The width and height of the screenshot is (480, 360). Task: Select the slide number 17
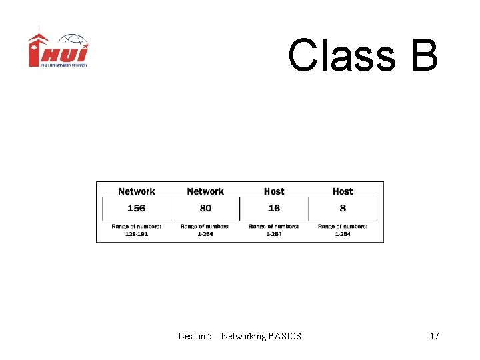434,336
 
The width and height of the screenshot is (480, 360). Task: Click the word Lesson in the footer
191,336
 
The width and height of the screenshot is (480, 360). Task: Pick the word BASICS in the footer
285,336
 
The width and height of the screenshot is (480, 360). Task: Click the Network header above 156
136,191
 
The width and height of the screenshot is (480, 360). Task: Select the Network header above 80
205,191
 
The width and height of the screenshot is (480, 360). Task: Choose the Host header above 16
274,191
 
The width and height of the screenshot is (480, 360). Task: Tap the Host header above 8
343,191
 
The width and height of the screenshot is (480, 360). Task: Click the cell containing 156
136,208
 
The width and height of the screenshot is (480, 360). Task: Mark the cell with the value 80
205,208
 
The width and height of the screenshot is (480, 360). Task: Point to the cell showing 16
274,208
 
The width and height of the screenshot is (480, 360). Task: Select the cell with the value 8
343,208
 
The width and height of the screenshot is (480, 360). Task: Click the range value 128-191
136,234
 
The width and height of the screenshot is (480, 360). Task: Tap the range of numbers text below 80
205,230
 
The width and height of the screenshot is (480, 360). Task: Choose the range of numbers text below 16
274,230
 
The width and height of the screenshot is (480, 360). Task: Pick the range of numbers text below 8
343,230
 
